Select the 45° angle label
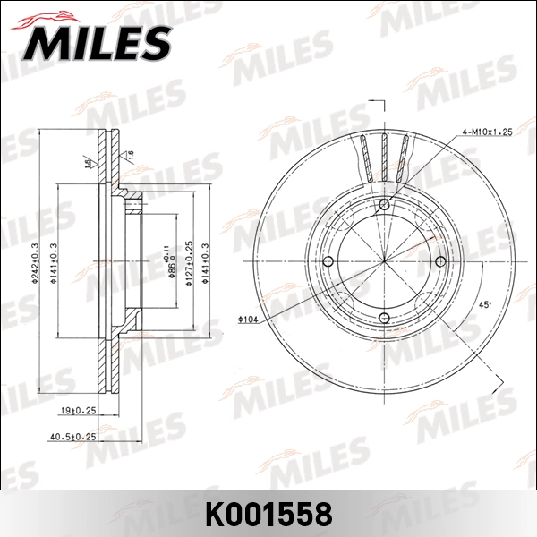484,305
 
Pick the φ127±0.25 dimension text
189,261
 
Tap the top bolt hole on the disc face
384,206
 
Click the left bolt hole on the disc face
328,261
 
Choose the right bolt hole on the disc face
440,261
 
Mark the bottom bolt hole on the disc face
384,318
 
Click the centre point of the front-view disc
384,261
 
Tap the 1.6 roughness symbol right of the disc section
131,156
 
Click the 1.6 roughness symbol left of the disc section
88,162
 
